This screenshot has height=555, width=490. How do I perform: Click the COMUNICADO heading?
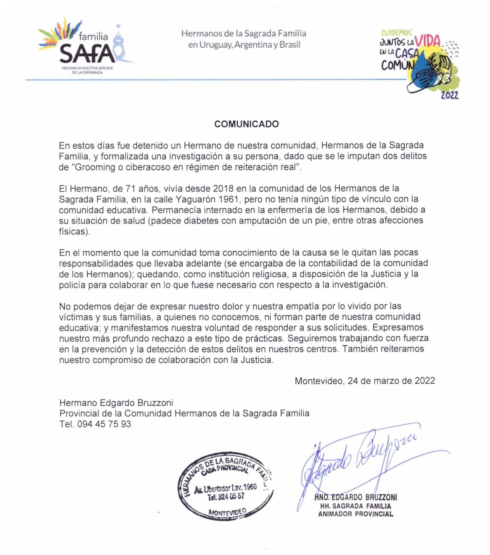coord(247,124)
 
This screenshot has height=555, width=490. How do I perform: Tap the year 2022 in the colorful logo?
coord(450,96)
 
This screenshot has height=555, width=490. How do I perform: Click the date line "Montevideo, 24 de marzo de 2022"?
coord(364,381)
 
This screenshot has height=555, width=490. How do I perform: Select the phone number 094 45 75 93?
coord(104,424)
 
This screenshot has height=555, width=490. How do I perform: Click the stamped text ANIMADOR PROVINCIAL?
coord(355,514)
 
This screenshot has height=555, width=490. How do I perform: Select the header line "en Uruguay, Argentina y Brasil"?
coord(244,45)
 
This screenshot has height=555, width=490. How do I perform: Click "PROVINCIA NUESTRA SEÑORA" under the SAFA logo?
coord(87,68)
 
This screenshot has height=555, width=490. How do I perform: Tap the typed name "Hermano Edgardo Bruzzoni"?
coord(116,403)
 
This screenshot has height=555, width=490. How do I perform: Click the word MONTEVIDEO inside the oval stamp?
coord(227,512)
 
